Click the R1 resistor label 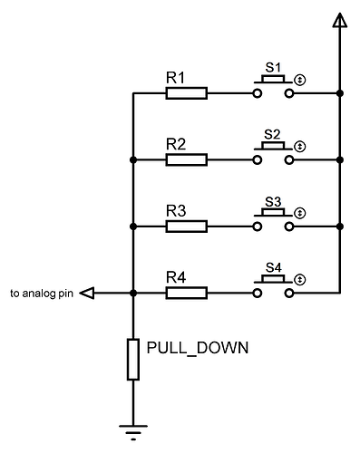tap(176, 78)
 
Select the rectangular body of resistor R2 tap(187, 159)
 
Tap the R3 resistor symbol tap(187, 226)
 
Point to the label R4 tap(176, 278)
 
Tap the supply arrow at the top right tap(339, 22)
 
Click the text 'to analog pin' tap(42, 294)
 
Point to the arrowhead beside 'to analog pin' tap(88, 293)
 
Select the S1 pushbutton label tap(272, 68)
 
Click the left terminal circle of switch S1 tap(258, 92)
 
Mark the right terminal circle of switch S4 tap(289, 294)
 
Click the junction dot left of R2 tap(133, 159)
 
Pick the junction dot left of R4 tap(133, 293)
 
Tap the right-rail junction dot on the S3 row tap(339, 226)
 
